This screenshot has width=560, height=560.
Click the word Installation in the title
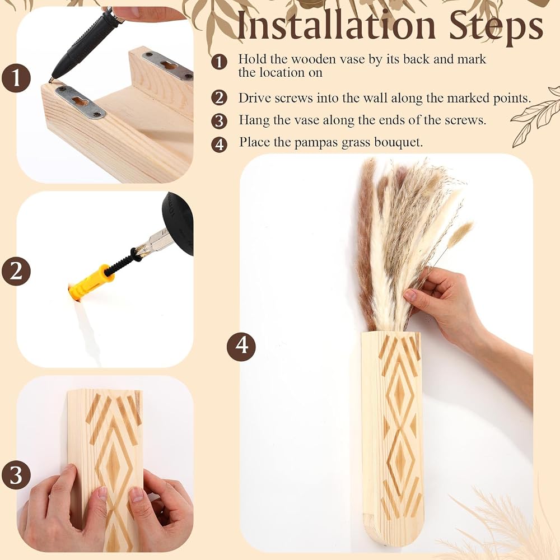(x=336, y=25)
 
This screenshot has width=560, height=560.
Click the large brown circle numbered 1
(x=16, y=78)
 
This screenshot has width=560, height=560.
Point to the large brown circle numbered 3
(x=16, y=475)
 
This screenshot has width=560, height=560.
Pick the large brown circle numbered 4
(x=241, y=346)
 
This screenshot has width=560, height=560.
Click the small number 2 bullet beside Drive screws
(x=219, y=97)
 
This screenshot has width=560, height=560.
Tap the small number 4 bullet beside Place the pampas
(x=219, y=144)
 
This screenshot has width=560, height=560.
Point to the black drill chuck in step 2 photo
(x=178, y=223)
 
